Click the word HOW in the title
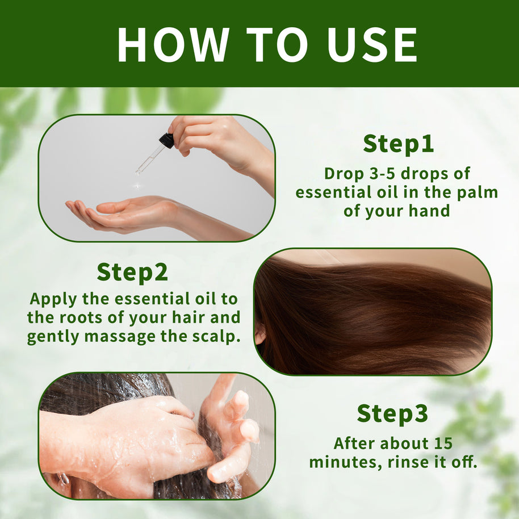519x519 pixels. coord(173,45)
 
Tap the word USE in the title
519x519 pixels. coord(372,45)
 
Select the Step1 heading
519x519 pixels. coord(398,144)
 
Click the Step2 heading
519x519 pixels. coord(132,273)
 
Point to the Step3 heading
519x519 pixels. coord(392,414)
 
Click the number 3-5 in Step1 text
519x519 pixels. coord(382,173)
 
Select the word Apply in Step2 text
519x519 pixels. coord(53,300)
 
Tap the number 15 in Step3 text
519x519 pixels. coord(443,443)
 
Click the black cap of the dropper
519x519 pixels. coord(166,140)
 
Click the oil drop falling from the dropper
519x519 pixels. coord(137,186)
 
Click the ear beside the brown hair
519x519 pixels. coord(259,333)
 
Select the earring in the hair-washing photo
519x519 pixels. coord(64,479)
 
